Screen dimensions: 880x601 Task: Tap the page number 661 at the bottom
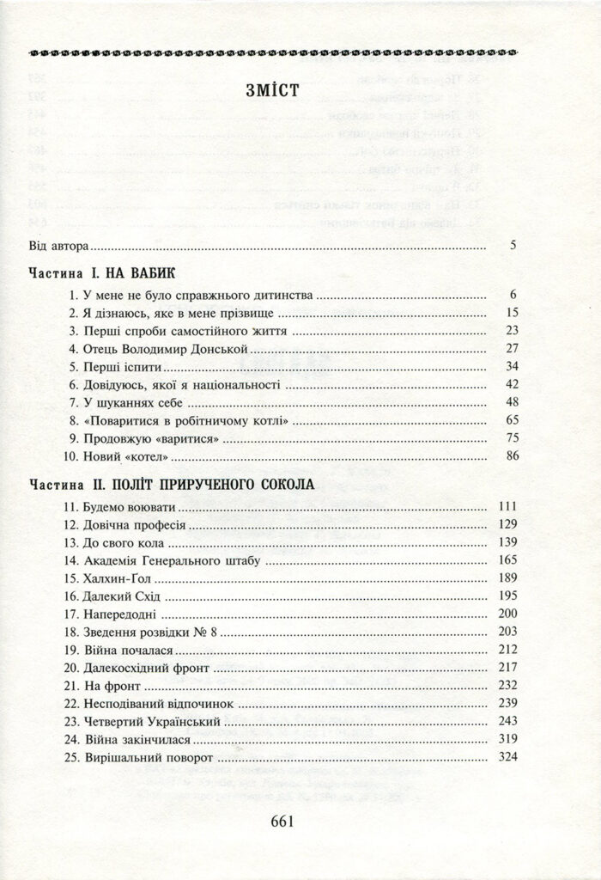coord(282,819)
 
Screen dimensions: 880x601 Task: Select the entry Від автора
coord(58,246)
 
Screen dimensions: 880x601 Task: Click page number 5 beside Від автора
coord(513,246)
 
